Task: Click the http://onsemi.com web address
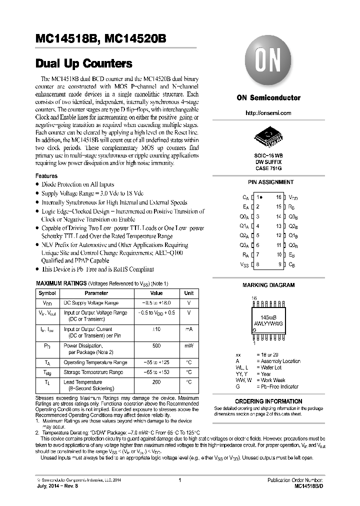pos(268,113)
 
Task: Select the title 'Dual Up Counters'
pos(84,64)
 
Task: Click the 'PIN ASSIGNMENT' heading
pos(271,182)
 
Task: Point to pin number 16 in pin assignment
pos(279,197)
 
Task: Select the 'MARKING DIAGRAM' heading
pos(268,285)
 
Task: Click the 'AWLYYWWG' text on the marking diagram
pos(268,324)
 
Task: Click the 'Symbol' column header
pos(47,293)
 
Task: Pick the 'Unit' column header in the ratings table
pos(188,293)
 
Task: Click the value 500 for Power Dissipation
pos(156,345)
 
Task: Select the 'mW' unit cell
pos(188,345)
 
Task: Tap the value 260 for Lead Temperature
pos(156,381)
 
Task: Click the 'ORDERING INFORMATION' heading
pos(268,401)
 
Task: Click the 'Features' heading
pos(46,176)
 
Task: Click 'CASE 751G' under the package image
pos(268,168)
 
